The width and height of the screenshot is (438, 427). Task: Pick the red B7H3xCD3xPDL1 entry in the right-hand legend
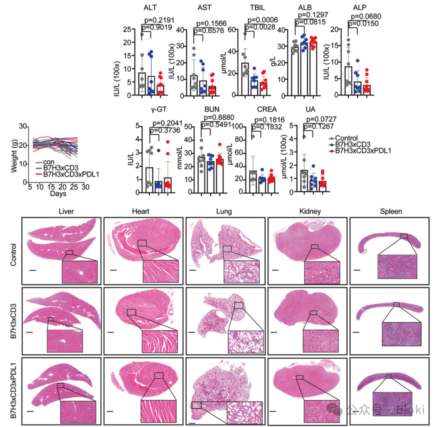pyautogui.click(x=359, y=151)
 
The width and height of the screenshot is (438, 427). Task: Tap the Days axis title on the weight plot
pyautogui.click(x=58, y=194)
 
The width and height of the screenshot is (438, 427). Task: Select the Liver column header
pyautogui.click(x=66, y=212)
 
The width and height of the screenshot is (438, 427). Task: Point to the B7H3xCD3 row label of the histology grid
pyautogui.click(x=13, y=320)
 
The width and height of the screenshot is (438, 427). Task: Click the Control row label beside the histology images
pyautogui.click(x=13, y=254)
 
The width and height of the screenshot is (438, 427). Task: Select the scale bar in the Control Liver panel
pyautogui.click(x=32, y=269)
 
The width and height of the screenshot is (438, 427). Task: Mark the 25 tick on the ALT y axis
pyautogui.click(x=131, y=29)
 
